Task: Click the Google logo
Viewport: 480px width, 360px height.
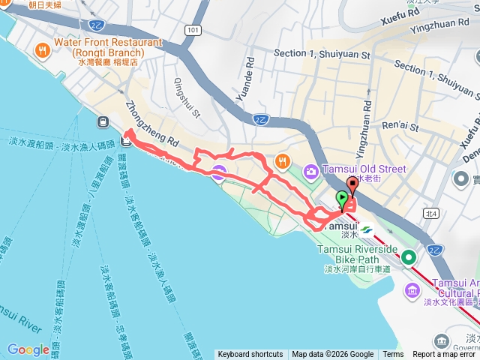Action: tap(28, 349)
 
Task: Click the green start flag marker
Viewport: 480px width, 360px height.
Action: tap(343, 199)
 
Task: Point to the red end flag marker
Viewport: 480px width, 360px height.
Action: tap(352, 186)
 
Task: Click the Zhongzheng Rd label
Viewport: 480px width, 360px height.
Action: tap(154, 124)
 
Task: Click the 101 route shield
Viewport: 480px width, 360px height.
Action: tap(193, 30)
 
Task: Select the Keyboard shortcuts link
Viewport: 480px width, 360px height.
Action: tap(250, 355)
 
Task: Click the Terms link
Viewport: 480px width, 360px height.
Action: tap(393, 355)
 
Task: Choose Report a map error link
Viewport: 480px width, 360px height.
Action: tap(444, 355)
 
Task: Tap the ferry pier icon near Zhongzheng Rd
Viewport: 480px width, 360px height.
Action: tap(100, 121)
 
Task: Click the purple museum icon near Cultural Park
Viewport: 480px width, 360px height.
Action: tap(412, 290)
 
